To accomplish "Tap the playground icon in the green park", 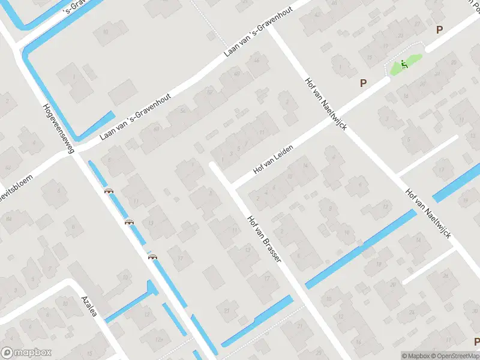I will point(404,65).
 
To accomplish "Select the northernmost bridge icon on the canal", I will point(109,191).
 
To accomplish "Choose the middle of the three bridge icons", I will point(129,222).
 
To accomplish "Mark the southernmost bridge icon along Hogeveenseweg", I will point(152,257).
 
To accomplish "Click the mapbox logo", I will point(26,352).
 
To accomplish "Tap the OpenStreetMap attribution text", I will point(454,355).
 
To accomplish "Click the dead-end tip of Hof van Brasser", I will point(212,164).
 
